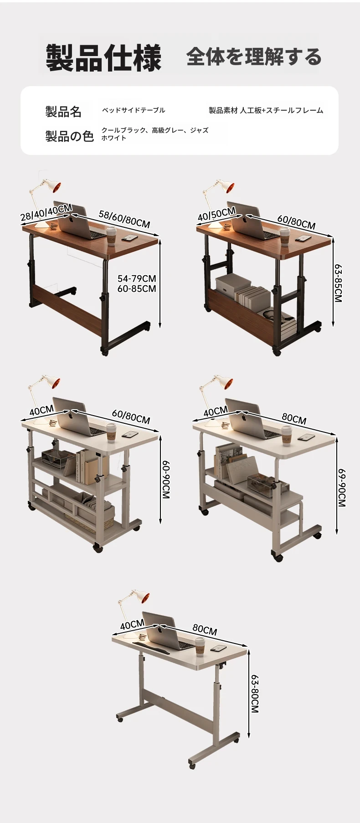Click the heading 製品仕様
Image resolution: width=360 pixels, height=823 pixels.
pyautogui.click(x=103, y=58)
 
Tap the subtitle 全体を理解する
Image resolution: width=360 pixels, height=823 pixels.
pyautogui.click(x=254, y=57)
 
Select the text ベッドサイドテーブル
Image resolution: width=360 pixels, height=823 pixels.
pyautogui.click(x=133, y=110)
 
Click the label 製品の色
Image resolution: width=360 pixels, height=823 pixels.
pyautogui.click(x=69, y=136)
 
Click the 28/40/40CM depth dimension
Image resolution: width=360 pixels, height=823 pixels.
pyautogui.click(x=46, y=213)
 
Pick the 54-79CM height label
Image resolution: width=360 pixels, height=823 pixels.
pyautogui.click(x=137, y=278)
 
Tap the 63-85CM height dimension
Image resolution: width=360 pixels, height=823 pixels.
pyautogui.click(x=338, y=283)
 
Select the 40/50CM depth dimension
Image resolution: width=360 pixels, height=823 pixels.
pyautogui.click(x=216, y=214)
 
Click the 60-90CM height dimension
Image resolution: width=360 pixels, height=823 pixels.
pyautogui.click(x=166, y=479)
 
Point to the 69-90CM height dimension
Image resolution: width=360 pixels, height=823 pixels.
pyautogui.click(x=341, y=488)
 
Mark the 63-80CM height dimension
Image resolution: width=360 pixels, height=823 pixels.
pyautogui.click(x=254, y=694)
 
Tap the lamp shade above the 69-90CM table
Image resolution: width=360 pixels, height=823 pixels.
pyautogui.click(x=223, y=383)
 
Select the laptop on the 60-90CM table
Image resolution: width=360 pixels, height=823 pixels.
pyautogui.click(x=77, y=417)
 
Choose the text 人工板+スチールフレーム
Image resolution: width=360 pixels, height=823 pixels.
pyautogui.click(x=282, y=110)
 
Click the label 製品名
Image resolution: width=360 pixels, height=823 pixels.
pyautogui.click(x=63, y=112)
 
